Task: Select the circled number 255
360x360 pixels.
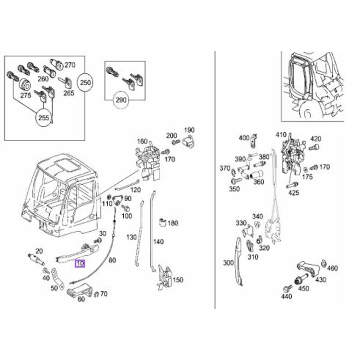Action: point(44,118)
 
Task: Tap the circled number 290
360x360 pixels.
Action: point(121,99)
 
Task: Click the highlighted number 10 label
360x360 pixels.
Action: point(80,264)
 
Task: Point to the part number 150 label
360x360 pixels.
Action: point(178,280)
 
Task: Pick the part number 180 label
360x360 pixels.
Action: point(173,223)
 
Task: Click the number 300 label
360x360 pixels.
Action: point(229,263)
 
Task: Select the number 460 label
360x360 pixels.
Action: point(332,269)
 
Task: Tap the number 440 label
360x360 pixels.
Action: point(286,297)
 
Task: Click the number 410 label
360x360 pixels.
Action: point(281,135)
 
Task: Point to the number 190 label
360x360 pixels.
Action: point(189,130)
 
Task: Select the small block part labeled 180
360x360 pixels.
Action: point(163,222)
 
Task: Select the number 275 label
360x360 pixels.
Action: point(25,96)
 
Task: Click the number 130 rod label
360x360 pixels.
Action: point(131,237)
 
